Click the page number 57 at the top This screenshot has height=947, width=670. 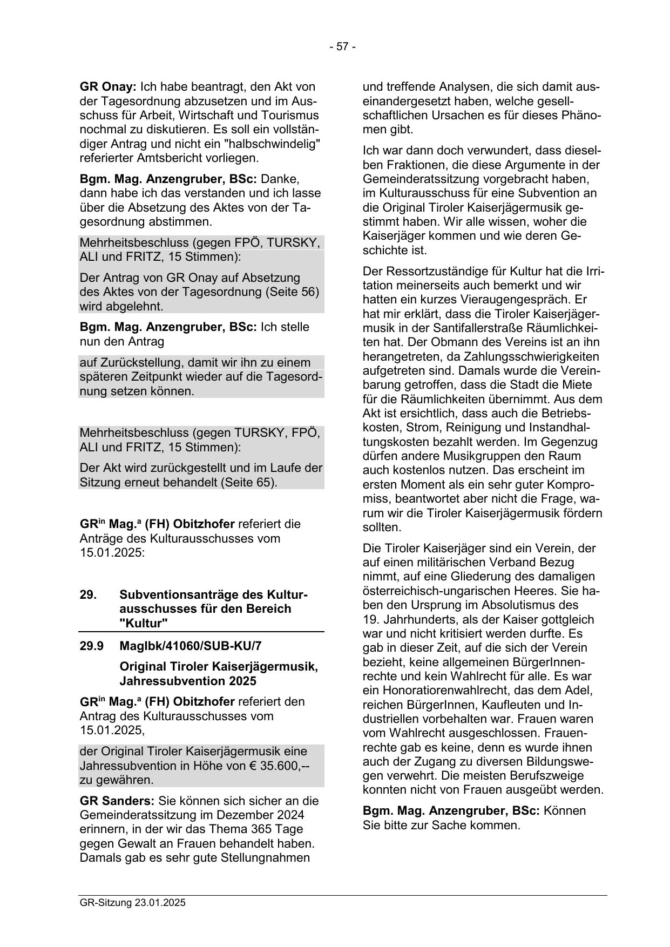(x=342, y=47)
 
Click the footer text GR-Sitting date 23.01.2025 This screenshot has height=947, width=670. (x=132, y=902)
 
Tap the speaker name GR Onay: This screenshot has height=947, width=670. (x=108, y=87)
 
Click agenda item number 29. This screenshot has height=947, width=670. (x=88, y=595)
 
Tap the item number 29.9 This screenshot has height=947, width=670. (x=91, y=646)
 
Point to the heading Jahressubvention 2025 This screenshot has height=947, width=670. (x=188, y=681)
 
